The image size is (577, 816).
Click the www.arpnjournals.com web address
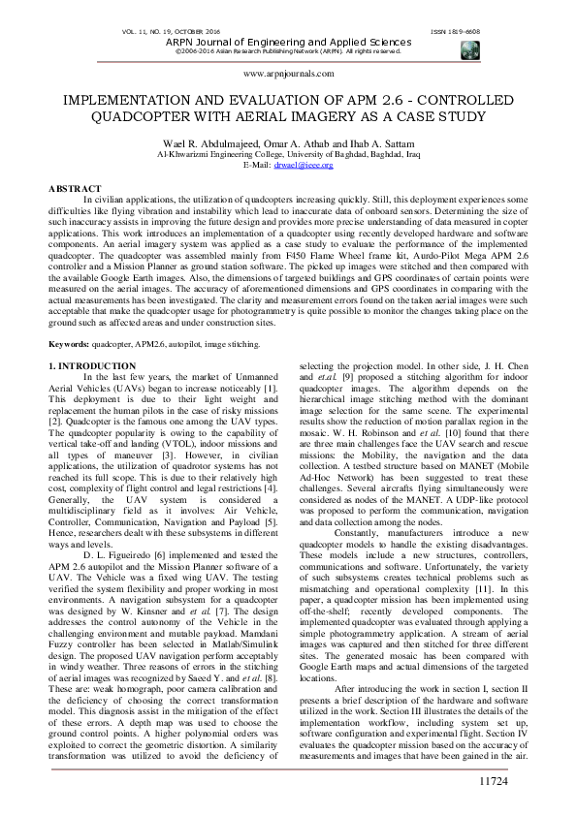coord(288,73)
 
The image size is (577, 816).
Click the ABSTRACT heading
coord(74,187)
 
